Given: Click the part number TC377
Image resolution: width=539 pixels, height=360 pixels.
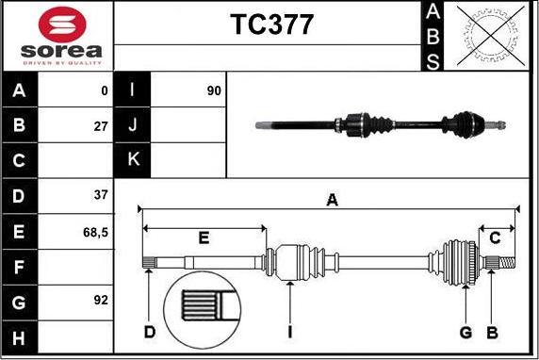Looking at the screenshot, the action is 271,25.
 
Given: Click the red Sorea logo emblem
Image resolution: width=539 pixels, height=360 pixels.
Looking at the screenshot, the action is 62,25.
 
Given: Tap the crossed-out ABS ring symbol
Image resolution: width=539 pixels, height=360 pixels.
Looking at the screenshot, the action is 491,36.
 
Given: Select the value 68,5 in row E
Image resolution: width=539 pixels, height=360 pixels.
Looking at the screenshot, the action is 95,233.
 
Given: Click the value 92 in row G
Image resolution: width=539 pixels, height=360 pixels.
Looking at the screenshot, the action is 101,300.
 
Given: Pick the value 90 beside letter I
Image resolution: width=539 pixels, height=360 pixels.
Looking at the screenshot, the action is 214,90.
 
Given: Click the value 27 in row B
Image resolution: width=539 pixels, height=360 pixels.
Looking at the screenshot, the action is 101,126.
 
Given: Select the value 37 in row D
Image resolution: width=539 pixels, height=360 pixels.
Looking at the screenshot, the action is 101,195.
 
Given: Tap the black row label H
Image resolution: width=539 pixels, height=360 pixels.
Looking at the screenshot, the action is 19,337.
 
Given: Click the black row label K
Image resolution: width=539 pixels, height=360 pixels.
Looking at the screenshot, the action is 132,160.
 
